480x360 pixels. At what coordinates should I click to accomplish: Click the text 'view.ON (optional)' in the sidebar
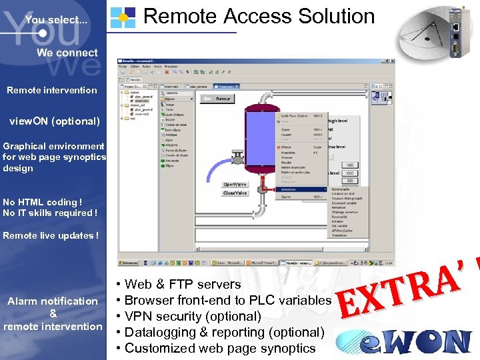click(x=54, y=121)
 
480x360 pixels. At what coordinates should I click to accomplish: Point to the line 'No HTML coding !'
click(x=43, y=202)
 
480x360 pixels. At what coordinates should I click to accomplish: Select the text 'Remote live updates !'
click(x=51, y=235)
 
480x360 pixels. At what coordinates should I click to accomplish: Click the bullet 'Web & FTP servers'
click(x=183, y=284)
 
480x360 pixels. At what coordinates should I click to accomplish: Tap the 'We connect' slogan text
click(x=67, y=53)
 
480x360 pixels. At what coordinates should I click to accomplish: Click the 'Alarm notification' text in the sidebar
click(x=53, y=301)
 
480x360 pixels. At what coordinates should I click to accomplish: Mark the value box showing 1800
click(x=349, y=165)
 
